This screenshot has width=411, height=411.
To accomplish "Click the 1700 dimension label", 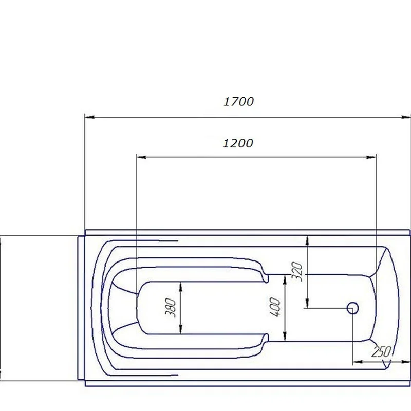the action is [x=238, y=101].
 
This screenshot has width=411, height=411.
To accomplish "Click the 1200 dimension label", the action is [x=238, y=143].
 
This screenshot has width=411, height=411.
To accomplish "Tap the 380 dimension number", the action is [x=171, y=307].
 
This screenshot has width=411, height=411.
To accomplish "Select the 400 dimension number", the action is [x=275, y=307].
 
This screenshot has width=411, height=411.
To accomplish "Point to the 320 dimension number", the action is [x=297, y=272].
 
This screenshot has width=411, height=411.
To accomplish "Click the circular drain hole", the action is [x=352, y=308].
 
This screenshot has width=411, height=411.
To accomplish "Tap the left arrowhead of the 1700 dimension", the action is [x=89, y=117].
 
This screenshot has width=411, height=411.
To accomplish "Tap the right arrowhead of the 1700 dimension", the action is [x=406, y=117].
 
